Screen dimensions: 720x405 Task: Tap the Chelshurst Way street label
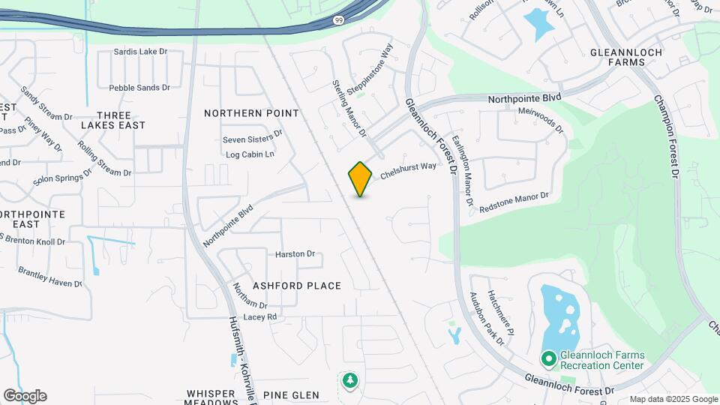[x=408, y=170]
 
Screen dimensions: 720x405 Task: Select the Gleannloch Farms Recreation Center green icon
[x=548, y=360]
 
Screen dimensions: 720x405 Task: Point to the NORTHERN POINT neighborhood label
[x=251, y=113]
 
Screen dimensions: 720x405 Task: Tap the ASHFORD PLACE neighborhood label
[x=297, y=286]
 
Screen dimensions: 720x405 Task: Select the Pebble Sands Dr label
[x=145, y=88]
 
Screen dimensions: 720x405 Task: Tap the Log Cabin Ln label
[x=250, y=154]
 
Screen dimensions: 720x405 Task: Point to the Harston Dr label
[x=295, y=254]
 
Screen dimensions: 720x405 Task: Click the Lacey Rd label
[x=260, y=317]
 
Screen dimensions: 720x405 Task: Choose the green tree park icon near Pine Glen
[x=349, y=381]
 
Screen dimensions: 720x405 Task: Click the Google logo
[x=25, y=396]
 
